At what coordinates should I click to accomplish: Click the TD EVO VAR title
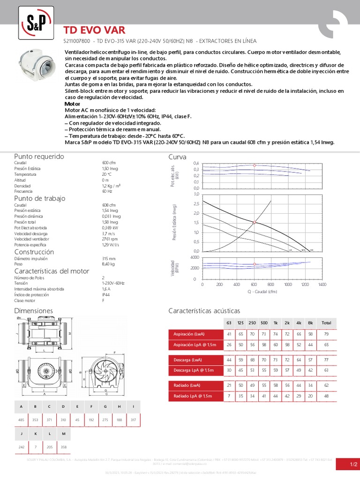[94, 30]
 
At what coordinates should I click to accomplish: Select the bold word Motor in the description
[72, 104]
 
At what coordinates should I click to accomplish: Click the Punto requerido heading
[39, 157]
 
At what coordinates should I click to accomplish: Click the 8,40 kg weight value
[108, 264]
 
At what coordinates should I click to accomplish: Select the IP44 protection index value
[106, 294]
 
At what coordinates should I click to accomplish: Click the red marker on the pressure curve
[254, 223]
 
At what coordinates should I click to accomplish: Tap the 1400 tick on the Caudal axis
[322, 285]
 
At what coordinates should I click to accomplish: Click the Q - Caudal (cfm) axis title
[262, 291]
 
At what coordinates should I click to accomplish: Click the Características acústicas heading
[204, 311]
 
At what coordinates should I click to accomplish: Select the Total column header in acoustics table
[326, 322]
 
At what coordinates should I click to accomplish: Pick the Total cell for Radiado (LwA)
[326, 385]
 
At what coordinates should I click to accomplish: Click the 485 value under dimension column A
[21, 420]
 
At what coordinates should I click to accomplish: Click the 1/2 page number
[354, 464]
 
